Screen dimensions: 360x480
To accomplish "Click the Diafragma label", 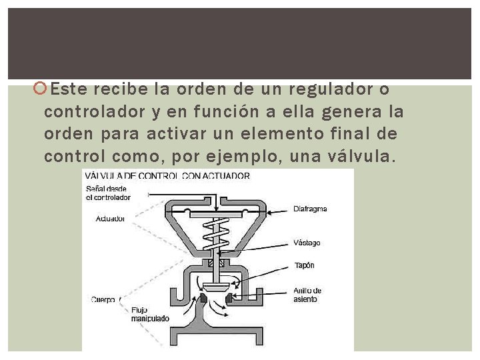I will point(310,209).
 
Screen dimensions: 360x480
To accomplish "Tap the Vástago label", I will point(307,243).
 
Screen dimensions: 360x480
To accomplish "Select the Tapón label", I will point(304,265).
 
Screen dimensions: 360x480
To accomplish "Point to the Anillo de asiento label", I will point(307,295).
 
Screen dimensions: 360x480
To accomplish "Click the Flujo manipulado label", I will point(150,314).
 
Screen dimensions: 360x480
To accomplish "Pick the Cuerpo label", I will point(103,300).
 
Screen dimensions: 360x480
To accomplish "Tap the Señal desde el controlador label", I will point(107,193).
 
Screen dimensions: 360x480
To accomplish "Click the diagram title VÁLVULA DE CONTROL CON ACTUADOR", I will point(167,176).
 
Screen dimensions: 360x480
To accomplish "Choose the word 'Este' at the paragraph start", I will point(69,89).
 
